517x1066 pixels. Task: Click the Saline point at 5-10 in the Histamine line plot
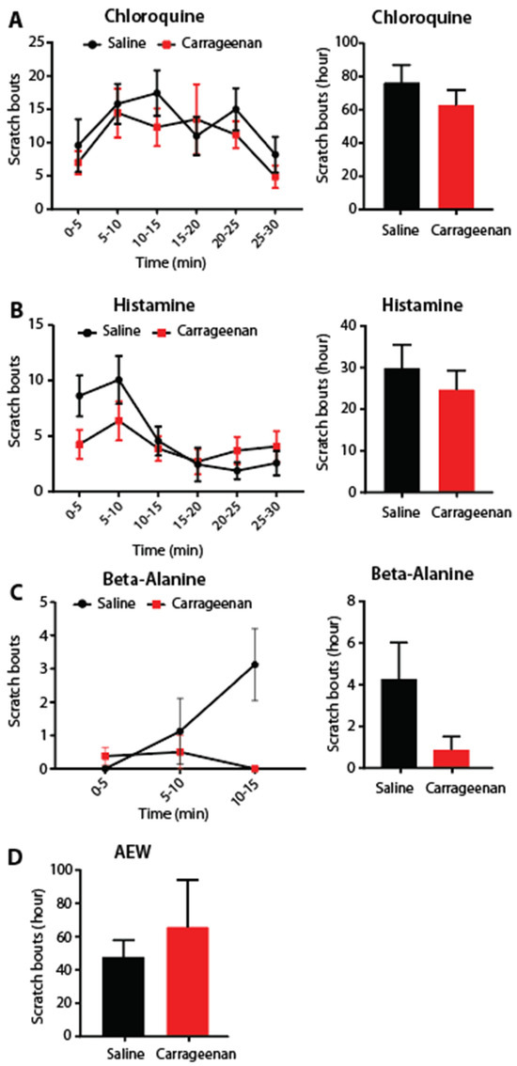click(x=117, y=380)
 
